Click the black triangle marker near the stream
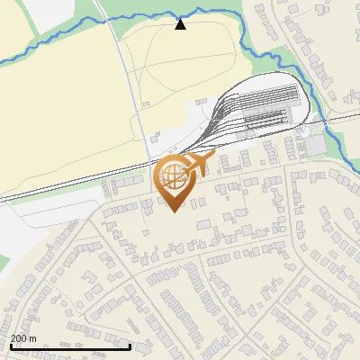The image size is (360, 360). pyautogui.click(x=181, y=24)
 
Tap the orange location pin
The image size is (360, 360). pyautogui.click(x=175, y=180)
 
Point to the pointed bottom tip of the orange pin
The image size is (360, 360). pyautogui.click(x=174, y=211)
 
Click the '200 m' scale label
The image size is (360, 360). pyautogui.click(x=24, y=337)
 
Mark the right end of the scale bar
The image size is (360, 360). pyautogui.click(x=130, y=346)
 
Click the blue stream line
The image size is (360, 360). pyautogui.click(x=54, y=45)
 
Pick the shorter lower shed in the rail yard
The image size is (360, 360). pyautogui.click(x=265, y=119)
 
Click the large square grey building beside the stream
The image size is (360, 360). pyautogui.click(x=315, y=144)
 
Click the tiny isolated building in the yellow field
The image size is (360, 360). pyautogui.click(x=144, y=104)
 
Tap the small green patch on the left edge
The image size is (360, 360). pyautogui.click(x=4, y=261)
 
